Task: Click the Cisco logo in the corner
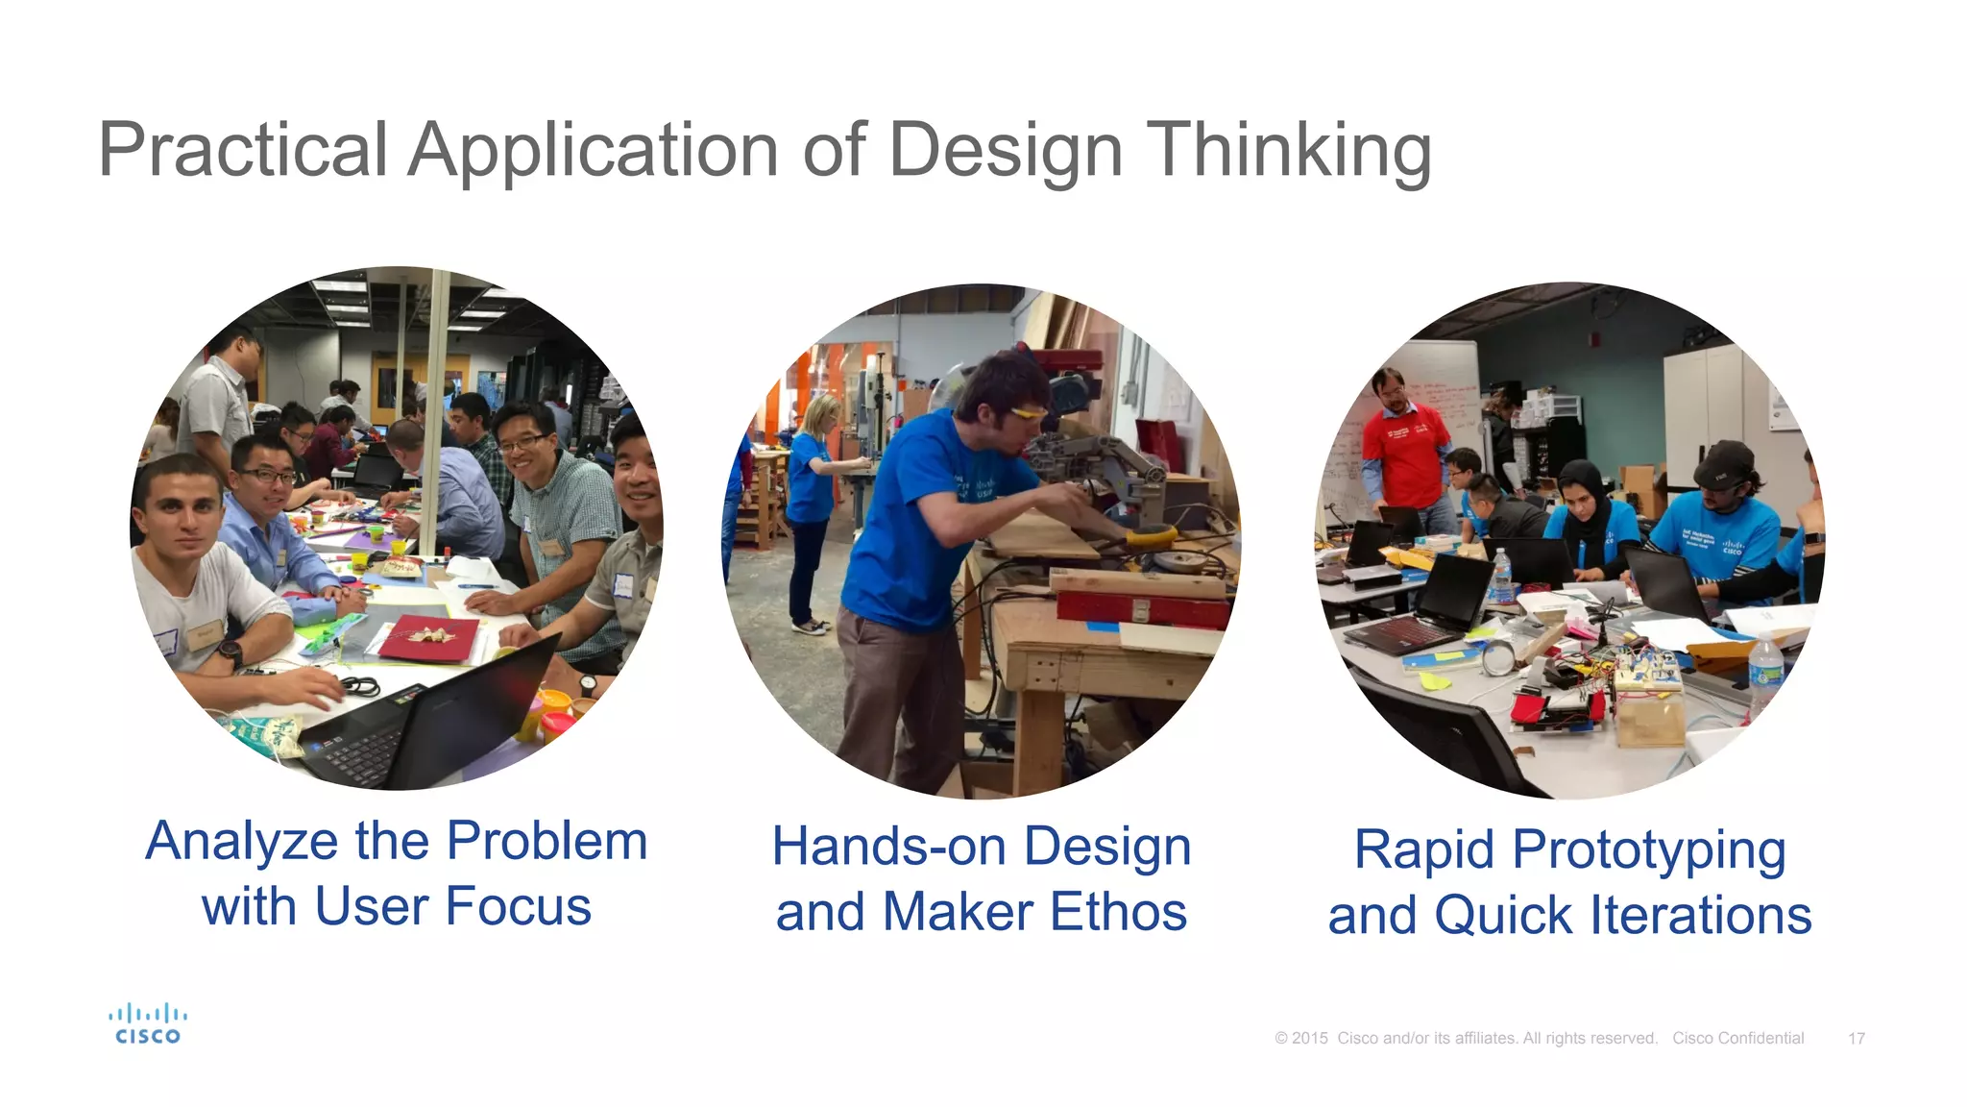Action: point(147,1023)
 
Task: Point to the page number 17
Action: point(1856,1039)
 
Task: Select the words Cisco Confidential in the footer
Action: point(1737,1038)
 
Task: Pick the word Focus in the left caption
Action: point(519,906)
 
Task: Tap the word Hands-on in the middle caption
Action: point(888,847)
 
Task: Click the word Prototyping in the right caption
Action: point(1648,850)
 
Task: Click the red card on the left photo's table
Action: point(429,639)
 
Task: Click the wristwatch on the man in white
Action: point(231,652)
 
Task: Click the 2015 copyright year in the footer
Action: point(1309,1038)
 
